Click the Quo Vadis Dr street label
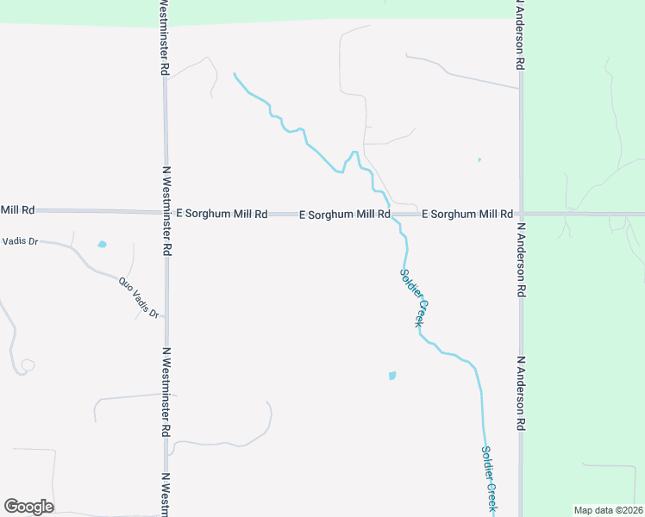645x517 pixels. pos(139,297)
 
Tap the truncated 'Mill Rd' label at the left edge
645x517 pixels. pos(17,209)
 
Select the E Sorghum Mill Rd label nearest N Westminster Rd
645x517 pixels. pos(222,213)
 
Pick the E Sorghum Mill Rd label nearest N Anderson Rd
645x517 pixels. pos(467,214)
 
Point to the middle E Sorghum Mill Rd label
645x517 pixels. pos(345,214)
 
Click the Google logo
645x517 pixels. pos(28,507)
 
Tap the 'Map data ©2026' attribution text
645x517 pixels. pos(608,509)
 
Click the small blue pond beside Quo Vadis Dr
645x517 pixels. pos(103,245)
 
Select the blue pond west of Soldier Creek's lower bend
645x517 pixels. pos(393,376)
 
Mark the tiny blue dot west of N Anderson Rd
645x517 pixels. pos(479,159)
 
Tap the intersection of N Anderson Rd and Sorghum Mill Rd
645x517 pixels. pos(521,214)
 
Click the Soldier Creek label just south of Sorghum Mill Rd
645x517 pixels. pos(413,297)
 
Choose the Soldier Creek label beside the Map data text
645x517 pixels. pos(488,480)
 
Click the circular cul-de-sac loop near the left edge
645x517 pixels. pos(28,365)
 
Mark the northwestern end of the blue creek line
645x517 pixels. pos(234,75)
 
